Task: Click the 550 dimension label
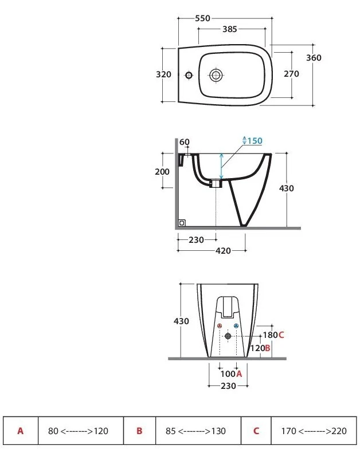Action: click(x=203, y=18)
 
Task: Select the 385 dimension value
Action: click(x=230, y=29)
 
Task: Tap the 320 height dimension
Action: click(x=163, y=74)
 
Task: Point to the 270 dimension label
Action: click(x=291, y=74)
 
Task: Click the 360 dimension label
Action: click(x=314, y=58)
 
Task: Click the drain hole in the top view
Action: click(x=216, y=76)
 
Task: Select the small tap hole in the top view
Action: click(x=189, y=76)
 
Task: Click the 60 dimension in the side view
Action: click(x=185, y=142)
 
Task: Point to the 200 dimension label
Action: click(x=162, y=172)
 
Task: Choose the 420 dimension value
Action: click(x=223, y=251)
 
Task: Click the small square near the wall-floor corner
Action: click(x=182, y=223)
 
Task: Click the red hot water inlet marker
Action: click(x=220, y=326)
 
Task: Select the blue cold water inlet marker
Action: click(x=236, y=326)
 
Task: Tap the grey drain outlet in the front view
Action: click(x=228, y=336)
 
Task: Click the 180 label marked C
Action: click(x=273, y=334)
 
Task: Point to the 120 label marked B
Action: click(x=260, y=348)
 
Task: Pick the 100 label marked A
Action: click(x=232, y=373)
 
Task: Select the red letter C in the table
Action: click(x=256, y=431)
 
